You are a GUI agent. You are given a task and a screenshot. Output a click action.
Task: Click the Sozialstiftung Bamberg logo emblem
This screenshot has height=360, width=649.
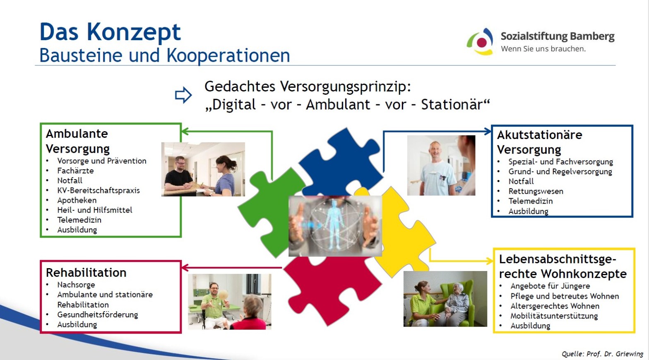pos(480,42)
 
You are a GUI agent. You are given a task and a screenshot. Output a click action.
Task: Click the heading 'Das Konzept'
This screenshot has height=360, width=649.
pos(110,32)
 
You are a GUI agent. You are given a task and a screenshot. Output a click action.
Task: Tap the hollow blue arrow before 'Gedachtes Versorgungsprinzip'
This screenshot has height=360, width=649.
pos(183,95)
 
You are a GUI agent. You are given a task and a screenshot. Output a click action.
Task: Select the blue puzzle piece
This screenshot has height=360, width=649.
pos(342,162)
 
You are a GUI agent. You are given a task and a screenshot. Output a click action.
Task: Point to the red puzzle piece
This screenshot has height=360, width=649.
pos(330,290)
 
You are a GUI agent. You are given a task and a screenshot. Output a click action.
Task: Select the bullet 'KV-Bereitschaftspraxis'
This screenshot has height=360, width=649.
pos(99,190)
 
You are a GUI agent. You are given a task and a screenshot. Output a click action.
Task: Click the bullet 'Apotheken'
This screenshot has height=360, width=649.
pos(77,200)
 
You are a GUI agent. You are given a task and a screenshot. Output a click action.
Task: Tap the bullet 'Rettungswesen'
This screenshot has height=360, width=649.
pos(536,191)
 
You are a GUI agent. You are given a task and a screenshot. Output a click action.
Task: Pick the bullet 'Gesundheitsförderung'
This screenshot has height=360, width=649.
pos(98,314)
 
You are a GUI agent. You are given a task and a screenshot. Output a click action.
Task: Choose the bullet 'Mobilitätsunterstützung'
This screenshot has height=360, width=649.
pos(554,316)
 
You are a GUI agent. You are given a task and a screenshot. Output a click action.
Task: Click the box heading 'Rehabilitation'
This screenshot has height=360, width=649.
pos(86,273)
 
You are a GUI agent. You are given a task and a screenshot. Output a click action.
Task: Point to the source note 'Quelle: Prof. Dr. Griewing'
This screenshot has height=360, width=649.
pos(602,354)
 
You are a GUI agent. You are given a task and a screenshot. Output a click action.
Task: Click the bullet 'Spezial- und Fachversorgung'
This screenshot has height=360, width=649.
pos(560,162)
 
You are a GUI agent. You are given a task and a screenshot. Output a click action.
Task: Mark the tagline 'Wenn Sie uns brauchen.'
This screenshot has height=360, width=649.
pos(543,49)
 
